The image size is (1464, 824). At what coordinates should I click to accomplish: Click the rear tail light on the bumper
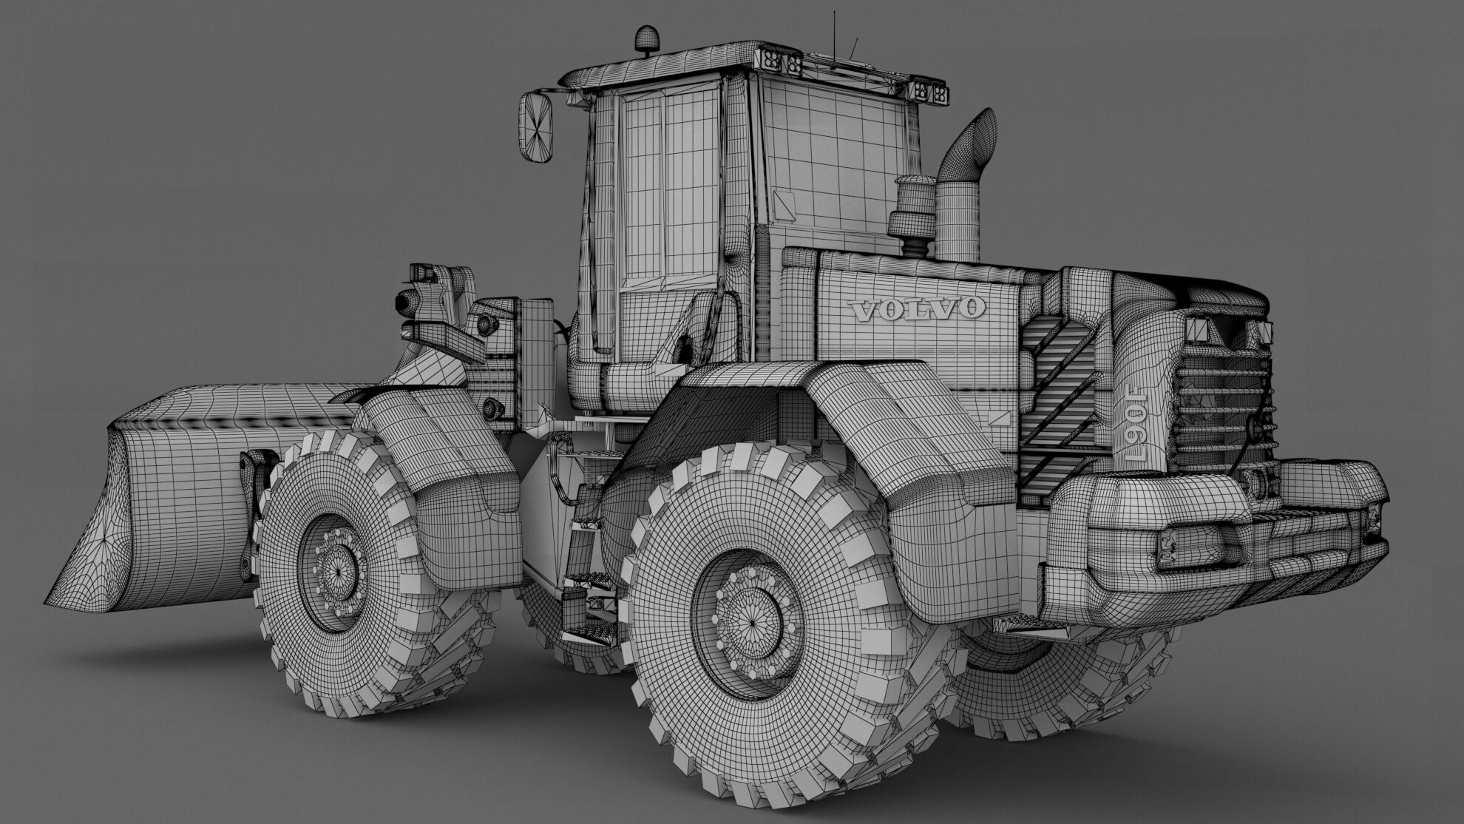pyautogui.click(x=1190, y=548)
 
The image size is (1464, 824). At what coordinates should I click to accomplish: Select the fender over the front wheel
pyautogui.click(x=444, y=459)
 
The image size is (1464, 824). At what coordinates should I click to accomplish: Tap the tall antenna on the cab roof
pyautogui.click(x=835, y=33)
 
